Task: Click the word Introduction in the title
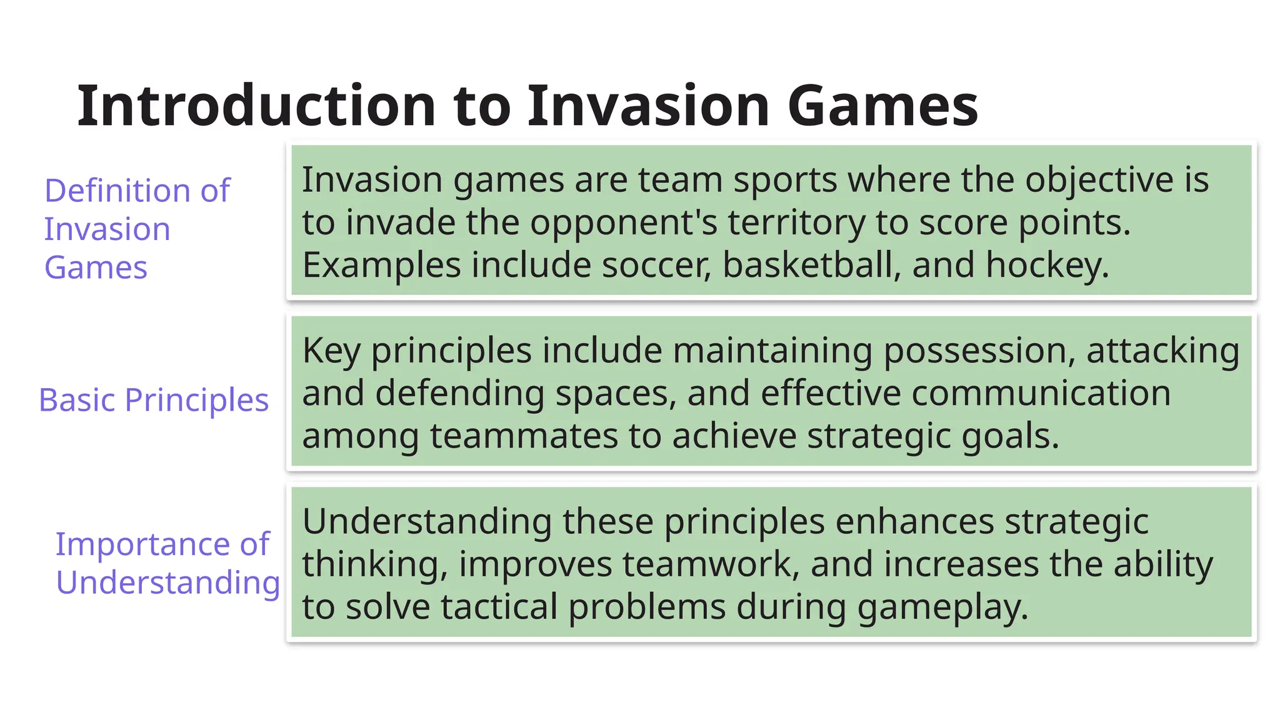pos(256,106)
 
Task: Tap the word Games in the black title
pos(882,106)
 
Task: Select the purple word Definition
pos(117,191)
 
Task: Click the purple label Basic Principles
pos(154,400)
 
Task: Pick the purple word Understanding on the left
pos(167,582)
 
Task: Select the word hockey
pos(1047,265)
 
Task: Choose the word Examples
pos(381,265)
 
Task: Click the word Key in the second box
pos(331,351)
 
